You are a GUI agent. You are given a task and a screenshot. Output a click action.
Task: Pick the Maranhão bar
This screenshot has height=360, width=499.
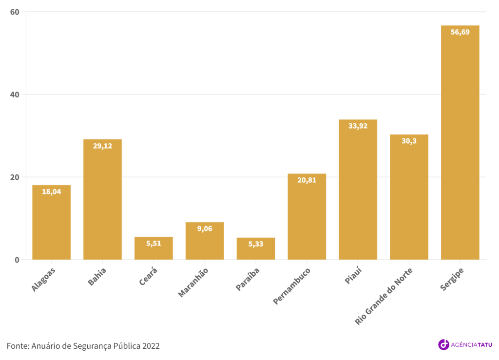pyautogui.click(x=205, y=241)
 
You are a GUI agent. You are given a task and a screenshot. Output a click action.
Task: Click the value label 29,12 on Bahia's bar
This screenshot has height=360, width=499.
pyautogui.click(x=102, y=146)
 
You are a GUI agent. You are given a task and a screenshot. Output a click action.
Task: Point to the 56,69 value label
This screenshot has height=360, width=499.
pyautogui.click(x=460, y=32)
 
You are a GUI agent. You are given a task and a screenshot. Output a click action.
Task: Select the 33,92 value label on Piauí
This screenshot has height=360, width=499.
pyautogui.click(x=358, y=126)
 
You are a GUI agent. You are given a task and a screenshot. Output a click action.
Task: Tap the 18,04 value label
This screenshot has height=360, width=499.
pyautogui.click(x=51, y=192)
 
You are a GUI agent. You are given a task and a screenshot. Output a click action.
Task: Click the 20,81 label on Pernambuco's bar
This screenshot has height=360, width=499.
pyautogui.click(x=307, y=180)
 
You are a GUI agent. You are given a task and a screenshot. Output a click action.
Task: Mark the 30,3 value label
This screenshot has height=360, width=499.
pyautogui.click(x=409, y=141)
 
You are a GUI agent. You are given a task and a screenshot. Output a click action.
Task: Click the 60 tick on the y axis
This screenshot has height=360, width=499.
pyautogui.click(x=15, y=12)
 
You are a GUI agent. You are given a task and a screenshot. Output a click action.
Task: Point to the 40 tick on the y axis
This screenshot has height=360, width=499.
pyautogui.click(x=15, y=95)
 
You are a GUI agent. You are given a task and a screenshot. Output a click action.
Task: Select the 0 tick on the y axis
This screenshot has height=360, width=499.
pyautogui.click(x=17, y=260)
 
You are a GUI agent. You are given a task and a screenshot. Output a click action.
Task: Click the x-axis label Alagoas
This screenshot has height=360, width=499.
pyautogui.click(x=44, y=280)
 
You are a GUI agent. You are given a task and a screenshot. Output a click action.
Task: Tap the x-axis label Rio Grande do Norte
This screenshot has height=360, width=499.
pyautogui.click(x=384, y=296)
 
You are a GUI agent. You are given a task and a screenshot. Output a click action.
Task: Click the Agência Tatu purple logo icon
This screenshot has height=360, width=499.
pyautogui.click(x=443, y=344)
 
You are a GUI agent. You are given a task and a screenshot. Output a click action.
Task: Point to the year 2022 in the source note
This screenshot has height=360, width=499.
pyautogui.click(x=151, y=346)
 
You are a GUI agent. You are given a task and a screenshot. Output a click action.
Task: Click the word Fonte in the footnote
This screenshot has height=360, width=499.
pyautogui.click(x=17, y=346)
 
